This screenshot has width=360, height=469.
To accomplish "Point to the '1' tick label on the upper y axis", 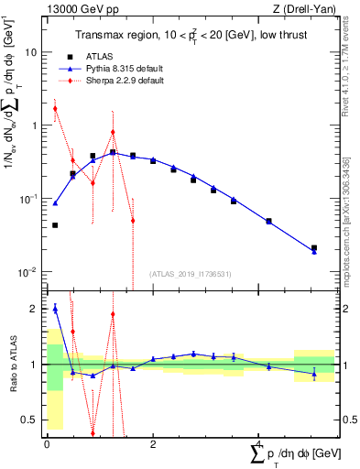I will [x=33, y=125].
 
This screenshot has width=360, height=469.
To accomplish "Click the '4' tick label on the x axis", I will [x=259, y=444].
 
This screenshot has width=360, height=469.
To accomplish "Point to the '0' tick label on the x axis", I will [x=47, y=444].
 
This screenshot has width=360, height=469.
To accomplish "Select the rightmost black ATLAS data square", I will [x=314, y=247].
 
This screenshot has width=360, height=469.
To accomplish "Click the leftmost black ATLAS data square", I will [x=55, y=225].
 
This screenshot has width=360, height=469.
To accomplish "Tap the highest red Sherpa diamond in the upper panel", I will [x=55, y=108].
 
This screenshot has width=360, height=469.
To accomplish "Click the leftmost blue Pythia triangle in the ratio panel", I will [x=55, y=309].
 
